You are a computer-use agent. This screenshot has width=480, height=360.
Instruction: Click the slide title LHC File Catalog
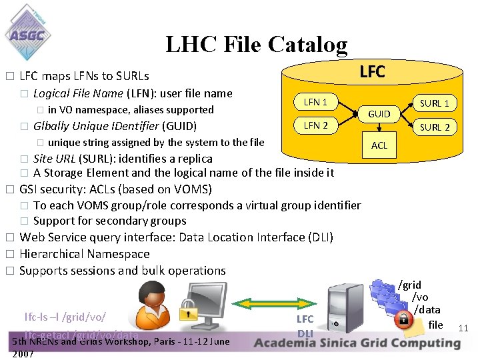256,44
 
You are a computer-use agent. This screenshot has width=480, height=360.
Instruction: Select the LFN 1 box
315,102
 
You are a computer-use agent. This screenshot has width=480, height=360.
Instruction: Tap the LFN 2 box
315,125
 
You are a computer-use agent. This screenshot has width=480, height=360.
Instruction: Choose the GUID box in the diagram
379,114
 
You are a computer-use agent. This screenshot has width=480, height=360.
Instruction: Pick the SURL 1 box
434,103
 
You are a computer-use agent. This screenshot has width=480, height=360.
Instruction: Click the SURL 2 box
434,127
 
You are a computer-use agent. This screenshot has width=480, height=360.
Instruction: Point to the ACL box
379,145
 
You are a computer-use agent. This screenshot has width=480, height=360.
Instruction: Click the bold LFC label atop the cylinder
372,71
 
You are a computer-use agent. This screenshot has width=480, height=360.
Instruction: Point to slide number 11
464,327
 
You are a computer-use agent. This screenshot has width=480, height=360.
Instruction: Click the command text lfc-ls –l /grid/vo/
65,316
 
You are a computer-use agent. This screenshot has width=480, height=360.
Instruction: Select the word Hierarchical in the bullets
53,254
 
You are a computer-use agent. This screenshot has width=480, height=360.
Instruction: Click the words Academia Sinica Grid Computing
357,343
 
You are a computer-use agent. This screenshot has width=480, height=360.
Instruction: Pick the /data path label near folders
427,309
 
